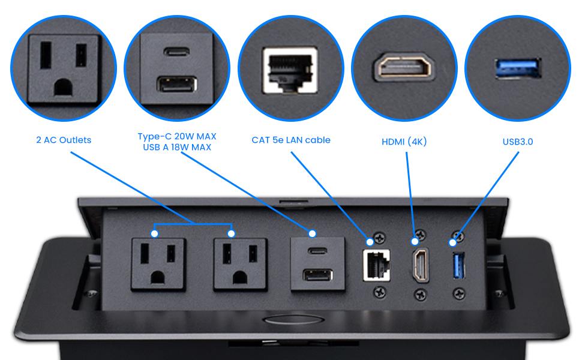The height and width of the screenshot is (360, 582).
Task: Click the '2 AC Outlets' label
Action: point(63,140)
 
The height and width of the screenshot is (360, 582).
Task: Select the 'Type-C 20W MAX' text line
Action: point(177,136)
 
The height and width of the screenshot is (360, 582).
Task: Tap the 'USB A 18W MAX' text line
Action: point(177,147)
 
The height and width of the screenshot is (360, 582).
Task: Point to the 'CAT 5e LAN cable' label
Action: point(291,140)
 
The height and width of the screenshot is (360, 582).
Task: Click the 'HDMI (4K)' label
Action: point(404,142)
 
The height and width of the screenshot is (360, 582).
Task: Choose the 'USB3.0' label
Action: point(518,142)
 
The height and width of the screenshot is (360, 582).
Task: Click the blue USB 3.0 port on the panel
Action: point(459,265)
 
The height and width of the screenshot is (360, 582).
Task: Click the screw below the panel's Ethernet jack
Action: point(379,293)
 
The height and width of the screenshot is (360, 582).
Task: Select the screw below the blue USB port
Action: point(459,293)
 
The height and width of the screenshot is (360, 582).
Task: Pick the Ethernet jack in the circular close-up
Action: point(290,70)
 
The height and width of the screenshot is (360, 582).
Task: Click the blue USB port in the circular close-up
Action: point(518,68)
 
